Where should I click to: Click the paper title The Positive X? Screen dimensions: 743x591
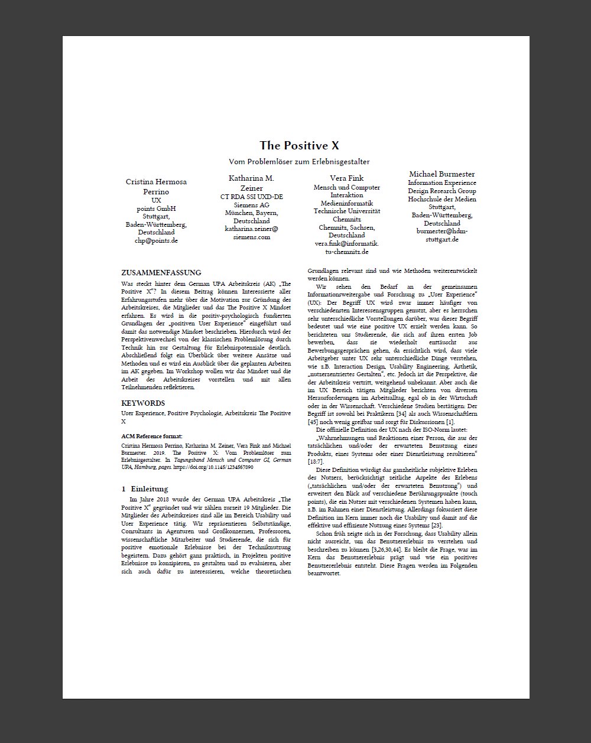299,145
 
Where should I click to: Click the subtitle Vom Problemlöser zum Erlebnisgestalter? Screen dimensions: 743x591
299,161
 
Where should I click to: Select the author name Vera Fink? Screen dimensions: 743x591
347,178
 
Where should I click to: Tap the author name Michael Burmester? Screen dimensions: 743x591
441,174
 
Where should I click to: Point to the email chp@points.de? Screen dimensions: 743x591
156,240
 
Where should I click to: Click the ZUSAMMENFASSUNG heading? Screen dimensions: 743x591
161,273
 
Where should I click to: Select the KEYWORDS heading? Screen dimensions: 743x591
143,403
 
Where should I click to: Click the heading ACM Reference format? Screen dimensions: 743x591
152,436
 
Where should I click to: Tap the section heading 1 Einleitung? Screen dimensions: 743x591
145,489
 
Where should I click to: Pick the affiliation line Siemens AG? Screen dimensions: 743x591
251,205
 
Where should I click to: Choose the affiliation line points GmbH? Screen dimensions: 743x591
156,208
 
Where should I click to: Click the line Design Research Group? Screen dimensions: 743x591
441,191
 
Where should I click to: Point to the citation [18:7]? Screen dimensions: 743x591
316,461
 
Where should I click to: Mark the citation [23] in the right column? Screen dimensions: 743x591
437,526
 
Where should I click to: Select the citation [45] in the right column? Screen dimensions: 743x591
313,422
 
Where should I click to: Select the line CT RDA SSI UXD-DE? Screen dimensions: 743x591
251,197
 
